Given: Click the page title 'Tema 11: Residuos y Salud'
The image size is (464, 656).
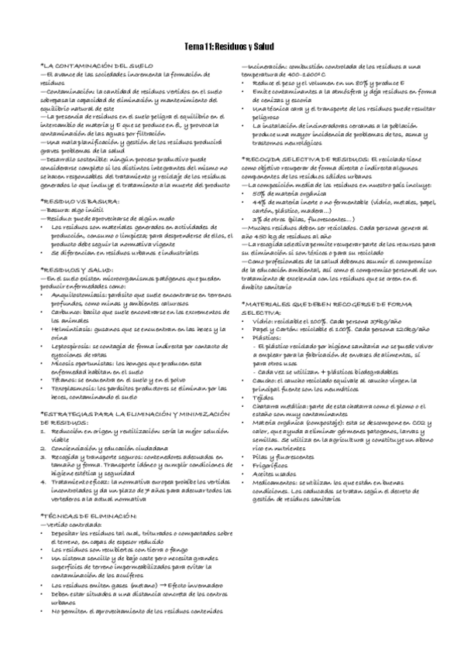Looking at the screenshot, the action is (x=232, y=48).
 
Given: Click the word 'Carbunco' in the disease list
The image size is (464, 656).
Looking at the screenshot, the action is (x=66, y=310).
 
